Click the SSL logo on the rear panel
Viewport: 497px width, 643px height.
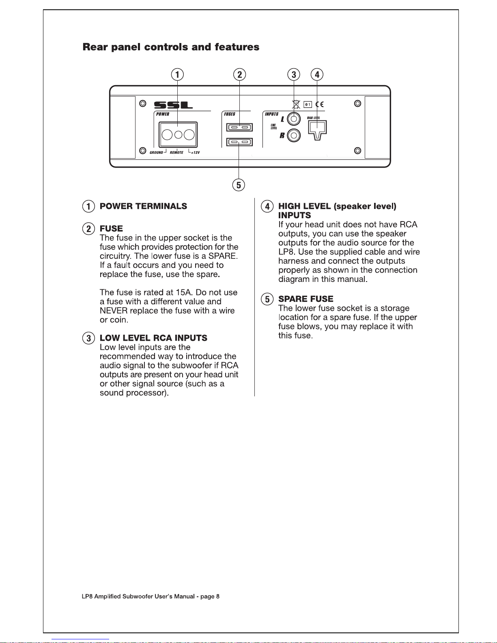[x=173, y=105]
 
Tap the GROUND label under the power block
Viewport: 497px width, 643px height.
[x=156, y=153]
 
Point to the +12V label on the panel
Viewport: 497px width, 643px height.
[x=195, y=153]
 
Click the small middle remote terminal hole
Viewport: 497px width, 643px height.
[x=178, y=134]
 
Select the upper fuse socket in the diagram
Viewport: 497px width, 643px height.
[x=239, y=127]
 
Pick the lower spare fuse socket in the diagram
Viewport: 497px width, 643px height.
[x=239, y=142]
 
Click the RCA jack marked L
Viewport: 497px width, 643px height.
[x=294, y=119]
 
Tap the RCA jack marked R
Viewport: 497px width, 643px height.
[x=294, y=135]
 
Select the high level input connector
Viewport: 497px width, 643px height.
[x=317, y=129]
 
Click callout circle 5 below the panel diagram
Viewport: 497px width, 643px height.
[x=239, y=185]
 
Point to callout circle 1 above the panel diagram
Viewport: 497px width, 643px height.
[x=177, y=75]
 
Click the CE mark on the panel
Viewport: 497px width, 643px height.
[x=320, y=105]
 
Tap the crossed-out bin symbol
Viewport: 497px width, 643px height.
[x=296, y=104]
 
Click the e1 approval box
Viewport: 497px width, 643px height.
[x=308, y=105]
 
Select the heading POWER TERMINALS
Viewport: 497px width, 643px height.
[x=143, y=206]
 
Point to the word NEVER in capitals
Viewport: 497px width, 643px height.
[x=114, y=311]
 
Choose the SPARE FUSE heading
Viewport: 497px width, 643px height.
[x=306, y=299]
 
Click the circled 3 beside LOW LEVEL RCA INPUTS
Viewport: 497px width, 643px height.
[x=88, y=338]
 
